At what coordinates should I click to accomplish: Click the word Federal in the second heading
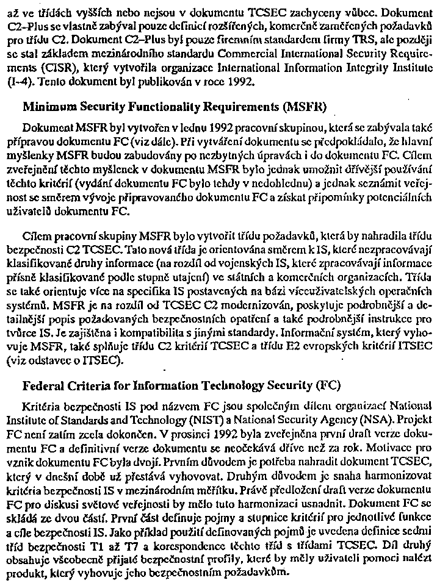(44, 386)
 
